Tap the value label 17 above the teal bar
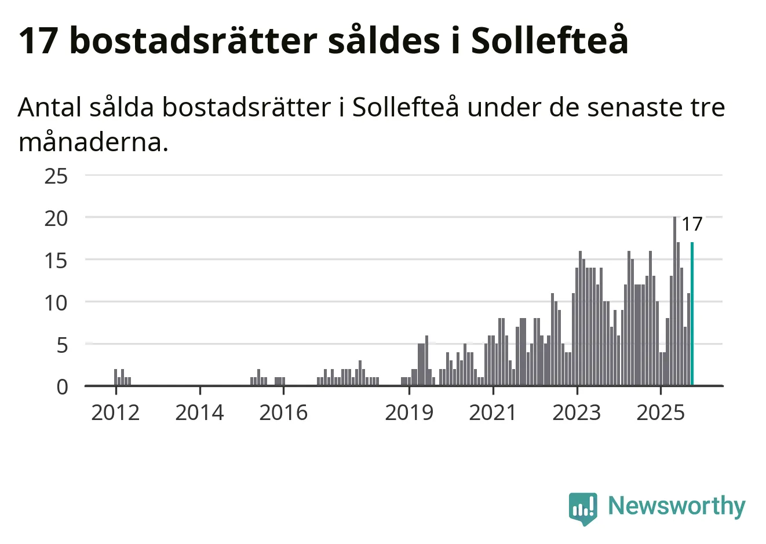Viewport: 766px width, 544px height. click(x=692, y=224)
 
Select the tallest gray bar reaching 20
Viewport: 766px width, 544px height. click(x=674, y=301)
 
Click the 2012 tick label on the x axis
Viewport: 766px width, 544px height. click(x=115, y=412)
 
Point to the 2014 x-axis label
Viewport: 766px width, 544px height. click(x=199, y=412)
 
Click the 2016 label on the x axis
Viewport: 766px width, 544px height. click(x=283, y=412)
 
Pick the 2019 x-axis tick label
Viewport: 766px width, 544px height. click(x=409, y=412)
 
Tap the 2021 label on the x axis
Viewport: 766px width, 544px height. click(x=493, y=412)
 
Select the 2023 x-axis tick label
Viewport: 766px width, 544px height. click(x=577, y=412)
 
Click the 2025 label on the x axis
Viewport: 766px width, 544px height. click(x=661, y=412)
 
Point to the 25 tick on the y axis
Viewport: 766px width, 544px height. click(x=56, y=176)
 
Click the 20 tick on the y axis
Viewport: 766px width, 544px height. click(x=56, y=218)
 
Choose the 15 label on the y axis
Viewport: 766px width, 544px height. click(x=56, y=260)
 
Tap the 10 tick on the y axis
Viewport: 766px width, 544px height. click(x=56, y=302)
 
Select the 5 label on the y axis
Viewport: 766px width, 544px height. click(x=61, y=345)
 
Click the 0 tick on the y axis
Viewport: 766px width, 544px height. click(x=62, y=386)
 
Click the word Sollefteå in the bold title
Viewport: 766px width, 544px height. click(x=549, y=41)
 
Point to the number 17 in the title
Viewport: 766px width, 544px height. click(x=38, y=41)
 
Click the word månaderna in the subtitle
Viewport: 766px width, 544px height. click(x=93, y=142)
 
